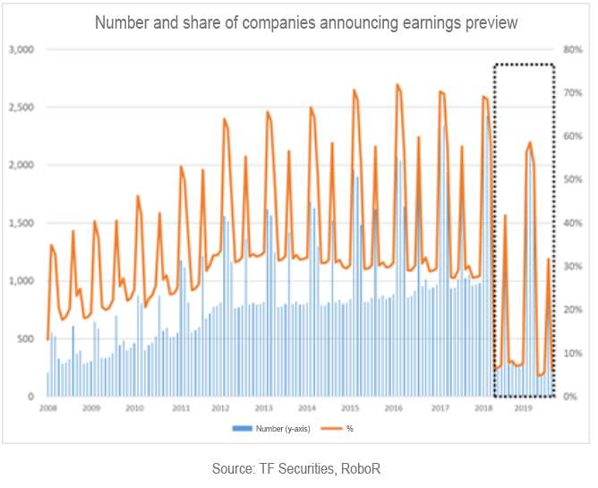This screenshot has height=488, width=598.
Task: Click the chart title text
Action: coord(298,21)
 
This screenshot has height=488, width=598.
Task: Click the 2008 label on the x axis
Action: coord(47,408)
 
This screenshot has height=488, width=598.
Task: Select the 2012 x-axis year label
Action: coord(220,408)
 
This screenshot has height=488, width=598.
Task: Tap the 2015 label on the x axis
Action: coord(350,408)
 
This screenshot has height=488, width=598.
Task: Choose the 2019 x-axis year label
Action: coord(524,408)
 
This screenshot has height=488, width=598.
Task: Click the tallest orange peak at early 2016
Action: coord(397,85)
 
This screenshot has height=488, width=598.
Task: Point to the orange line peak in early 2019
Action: coord(530,142)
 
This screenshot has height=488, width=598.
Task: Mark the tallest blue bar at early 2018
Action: coord(488,117)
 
